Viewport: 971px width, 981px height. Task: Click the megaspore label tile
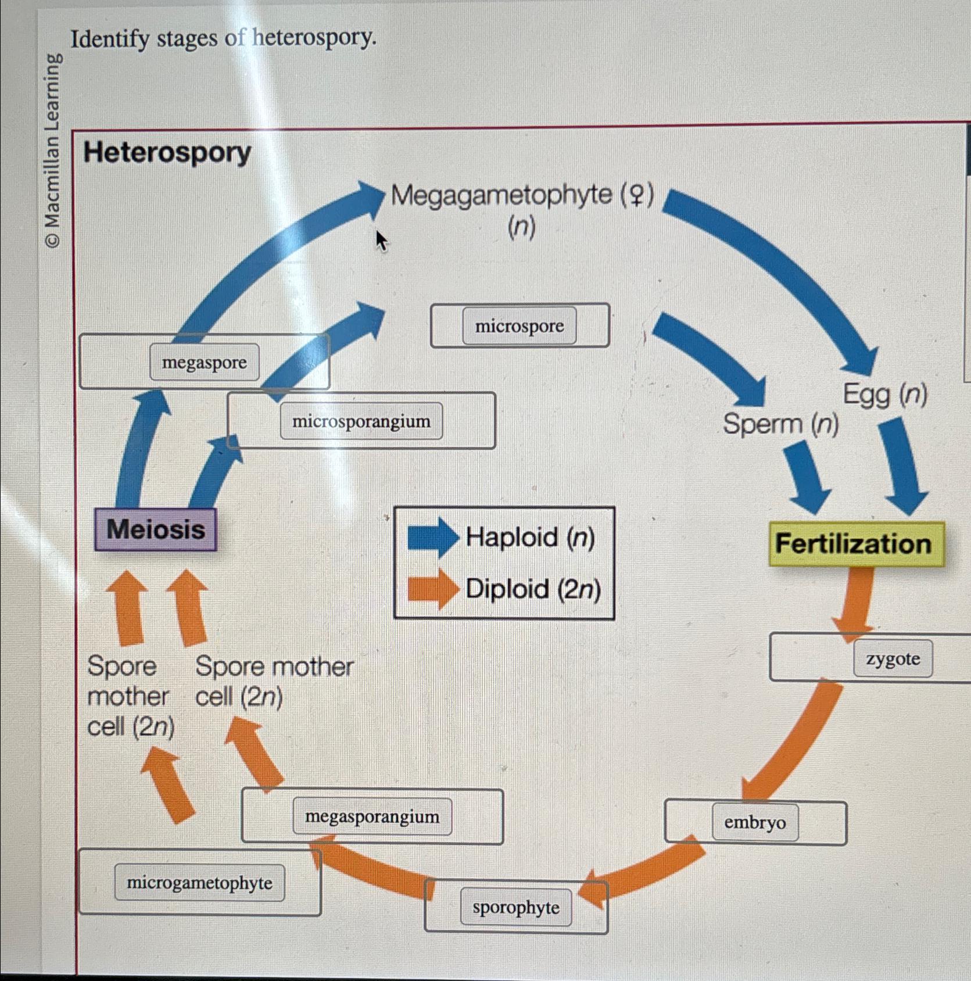[x=205, y=362]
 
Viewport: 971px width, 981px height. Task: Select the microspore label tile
[x=519, y=326]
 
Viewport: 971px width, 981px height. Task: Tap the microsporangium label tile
[x=361, y=421]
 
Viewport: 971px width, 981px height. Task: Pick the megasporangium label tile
[x=372, y=817]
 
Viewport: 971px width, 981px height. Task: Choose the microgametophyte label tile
[x=199, y=883]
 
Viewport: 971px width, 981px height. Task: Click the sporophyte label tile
[x=515, y=907]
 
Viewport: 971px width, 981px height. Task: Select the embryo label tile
[x=754, y=822]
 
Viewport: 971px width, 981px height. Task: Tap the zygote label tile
[x=893, y=658]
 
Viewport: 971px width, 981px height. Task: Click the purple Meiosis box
[x=156, y=529]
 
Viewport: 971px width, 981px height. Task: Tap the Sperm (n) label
[x=780, y=424]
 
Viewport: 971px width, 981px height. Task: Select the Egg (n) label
[x=884, y=395]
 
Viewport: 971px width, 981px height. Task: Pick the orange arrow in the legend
[x=432, y=589]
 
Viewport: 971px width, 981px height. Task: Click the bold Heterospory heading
[x=167, y=153]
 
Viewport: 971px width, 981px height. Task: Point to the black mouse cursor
[x=381, y=241]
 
